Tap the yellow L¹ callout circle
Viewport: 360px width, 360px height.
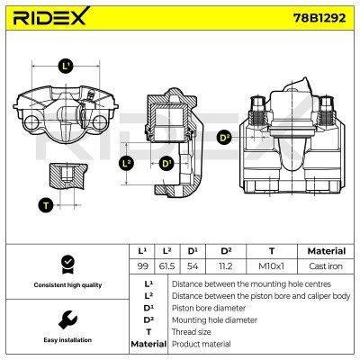tap(67, 66)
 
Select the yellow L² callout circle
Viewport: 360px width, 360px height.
tap(127, 163)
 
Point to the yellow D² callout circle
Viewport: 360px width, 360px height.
tap(224, 138)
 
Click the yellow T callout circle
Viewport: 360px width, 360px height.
tap(45, 205)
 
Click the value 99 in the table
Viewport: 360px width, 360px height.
tap(142, 266)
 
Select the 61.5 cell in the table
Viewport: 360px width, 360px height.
tap(166, 266)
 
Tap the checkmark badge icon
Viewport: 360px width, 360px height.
tap(65, 264)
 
